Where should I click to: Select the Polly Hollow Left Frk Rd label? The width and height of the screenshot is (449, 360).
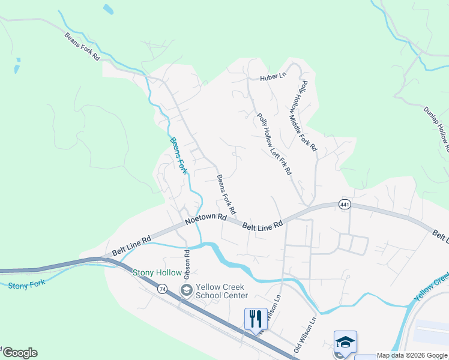point(274,144)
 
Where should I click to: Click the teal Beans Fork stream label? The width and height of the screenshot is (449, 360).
point(179,156)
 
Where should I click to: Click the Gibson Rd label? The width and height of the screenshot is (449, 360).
point(187,264)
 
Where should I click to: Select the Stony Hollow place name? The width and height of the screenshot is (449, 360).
point(157,273)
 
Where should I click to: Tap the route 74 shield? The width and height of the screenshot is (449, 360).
point(162,289)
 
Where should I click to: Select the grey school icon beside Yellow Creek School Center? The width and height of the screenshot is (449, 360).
point(187,291)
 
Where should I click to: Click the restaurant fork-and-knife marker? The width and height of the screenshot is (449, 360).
point(255,317)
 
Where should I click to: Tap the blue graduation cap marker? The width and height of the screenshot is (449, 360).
point(346,342)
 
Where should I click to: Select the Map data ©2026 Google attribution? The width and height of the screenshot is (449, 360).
point(412,355)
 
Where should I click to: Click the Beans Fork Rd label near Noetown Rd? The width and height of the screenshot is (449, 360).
point(226,195)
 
